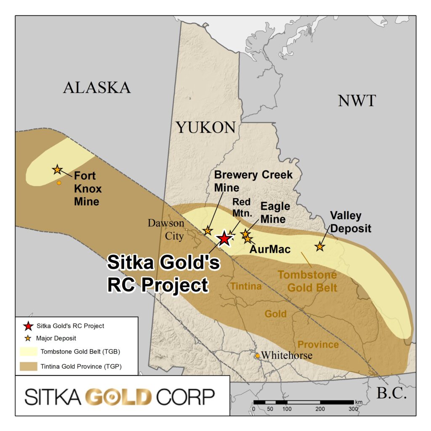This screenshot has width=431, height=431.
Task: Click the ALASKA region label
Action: click(97, 88)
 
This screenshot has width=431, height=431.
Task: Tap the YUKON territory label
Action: click(205, 127)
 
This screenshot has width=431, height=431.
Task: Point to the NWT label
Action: click(357, 101)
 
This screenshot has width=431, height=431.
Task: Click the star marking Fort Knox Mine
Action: click(57, 170)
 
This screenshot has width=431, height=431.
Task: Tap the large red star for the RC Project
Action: click(224, 239)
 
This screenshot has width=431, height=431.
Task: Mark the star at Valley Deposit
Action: click(320, 247)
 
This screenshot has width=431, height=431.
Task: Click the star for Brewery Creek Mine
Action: click(208, 231)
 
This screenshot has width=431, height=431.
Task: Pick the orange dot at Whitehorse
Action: click(258, 356)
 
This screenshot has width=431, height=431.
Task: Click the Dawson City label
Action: click(166, 229)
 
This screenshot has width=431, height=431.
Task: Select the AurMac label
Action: click(270, 249)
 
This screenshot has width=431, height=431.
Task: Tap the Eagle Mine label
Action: click(275, 213)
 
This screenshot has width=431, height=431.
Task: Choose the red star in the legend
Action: click(28, 326)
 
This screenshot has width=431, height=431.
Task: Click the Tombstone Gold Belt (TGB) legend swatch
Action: click(28, 352)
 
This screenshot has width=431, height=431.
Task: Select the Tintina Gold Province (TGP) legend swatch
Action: click(28, 366)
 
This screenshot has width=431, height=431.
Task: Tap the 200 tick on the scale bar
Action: click(320, 408)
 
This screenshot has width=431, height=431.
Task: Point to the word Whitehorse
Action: click(287, 356)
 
